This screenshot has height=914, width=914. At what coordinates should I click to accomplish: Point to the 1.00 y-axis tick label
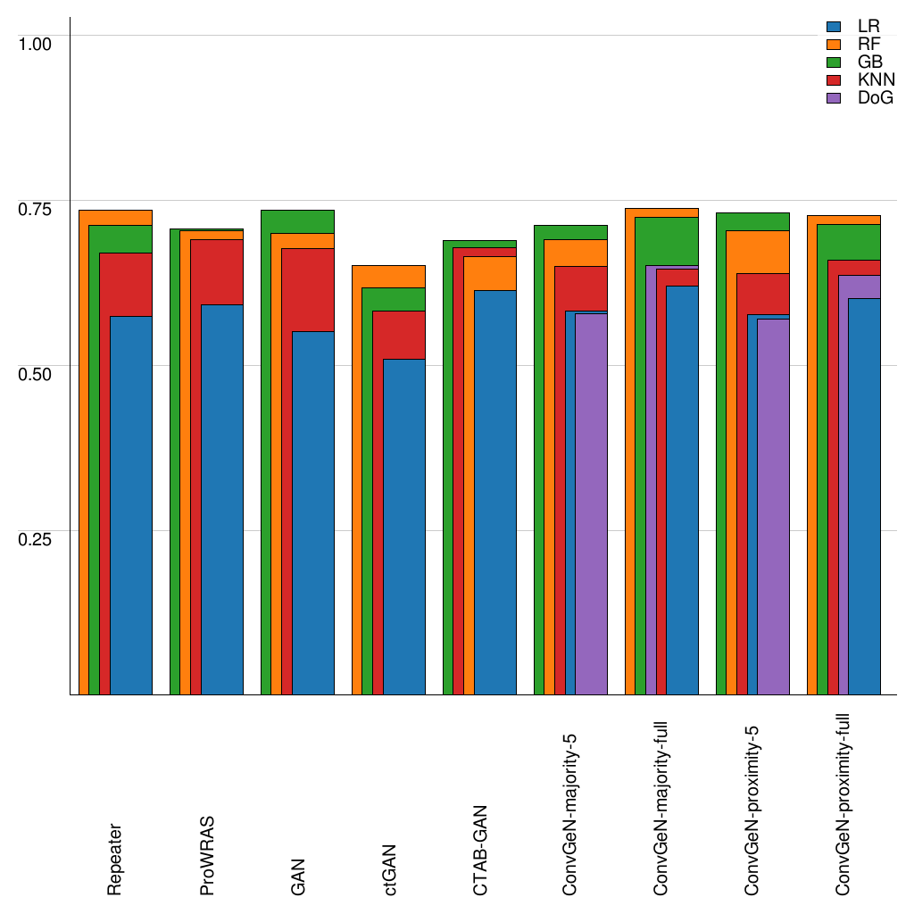37,42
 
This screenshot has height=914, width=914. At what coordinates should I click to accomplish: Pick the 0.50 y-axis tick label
37,372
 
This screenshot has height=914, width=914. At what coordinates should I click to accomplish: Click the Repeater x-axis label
115,860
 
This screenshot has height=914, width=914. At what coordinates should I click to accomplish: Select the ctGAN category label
388,869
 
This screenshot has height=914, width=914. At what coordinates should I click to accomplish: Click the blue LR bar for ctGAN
403,527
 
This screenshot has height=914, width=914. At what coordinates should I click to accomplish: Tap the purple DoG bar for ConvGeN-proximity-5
773,507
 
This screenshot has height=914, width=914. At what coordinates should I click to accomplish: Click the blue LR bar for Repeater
130,505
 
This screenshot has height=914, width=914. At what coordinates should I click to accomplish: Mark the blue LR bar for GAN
312,513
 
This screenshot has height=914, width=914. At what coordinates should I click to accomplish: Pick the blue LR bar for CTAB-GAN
494,493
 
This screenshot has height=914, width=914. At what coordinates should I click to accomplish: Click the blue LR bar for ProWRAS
221,500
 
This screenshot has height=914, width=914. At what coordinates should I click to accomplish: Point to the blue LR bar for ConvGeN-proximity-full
864,496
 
